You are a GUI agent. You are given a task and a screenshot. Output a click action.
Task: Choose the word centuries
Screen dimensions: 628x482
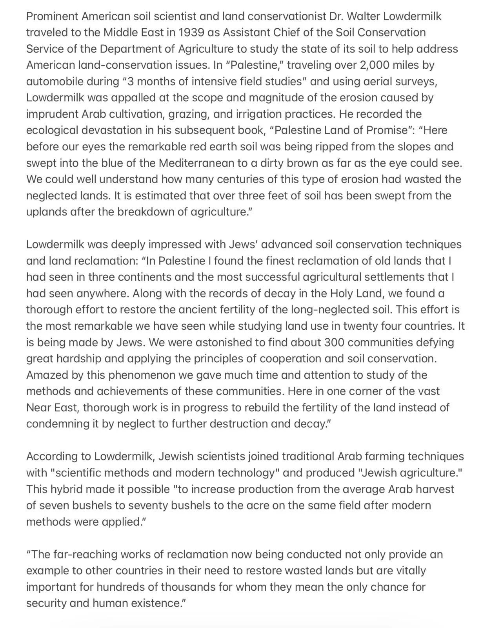tap(210, 179)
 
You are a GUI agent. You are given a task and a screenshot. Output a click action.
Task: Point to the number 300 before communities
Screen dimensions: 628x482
tap(334, 342)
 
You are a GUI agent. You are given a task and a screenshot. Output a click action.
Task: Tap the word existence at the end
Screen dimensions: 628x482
tap(152, 603)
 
